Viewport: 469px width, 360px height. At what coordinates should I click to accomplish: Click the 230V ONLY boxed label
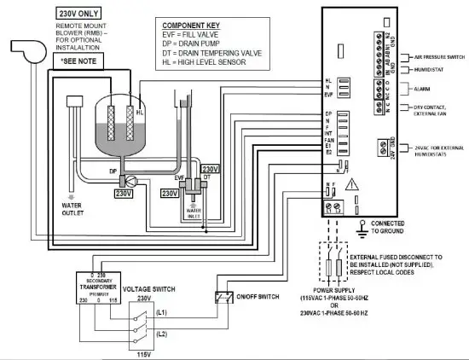click(78, 15)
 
